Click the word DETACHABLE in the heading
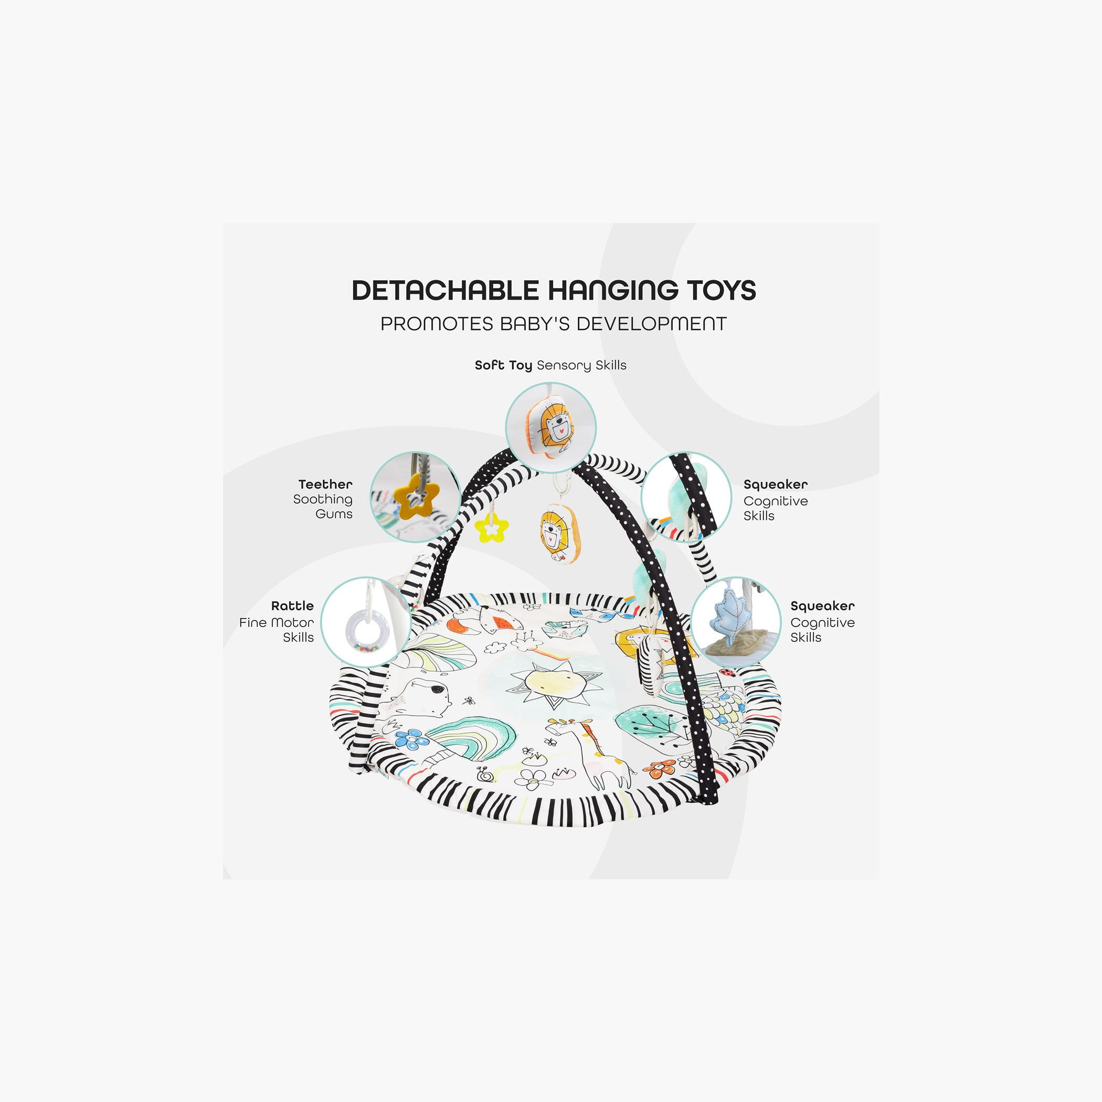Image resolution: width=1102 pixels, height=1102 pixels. pos(445,290)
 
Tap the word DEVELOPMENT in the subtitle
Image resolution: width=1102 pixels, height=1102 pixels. pos(651,324)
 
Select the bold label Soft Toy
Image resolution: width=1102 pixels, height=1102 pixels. pos(503,365)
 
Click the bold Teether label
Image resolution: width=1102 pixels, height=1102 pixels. pos(325,484)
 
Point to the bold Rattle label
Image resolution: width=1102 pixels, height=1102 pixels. pos(292,606)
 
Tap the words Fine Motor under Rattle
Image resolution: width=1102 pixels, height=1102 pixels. pos(276,622)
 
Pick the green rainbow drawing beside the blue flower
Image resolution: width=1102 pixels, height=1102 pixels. pos(471,735)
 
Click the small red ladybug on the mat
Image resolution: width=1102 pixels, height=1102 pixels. pos(727,673)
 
